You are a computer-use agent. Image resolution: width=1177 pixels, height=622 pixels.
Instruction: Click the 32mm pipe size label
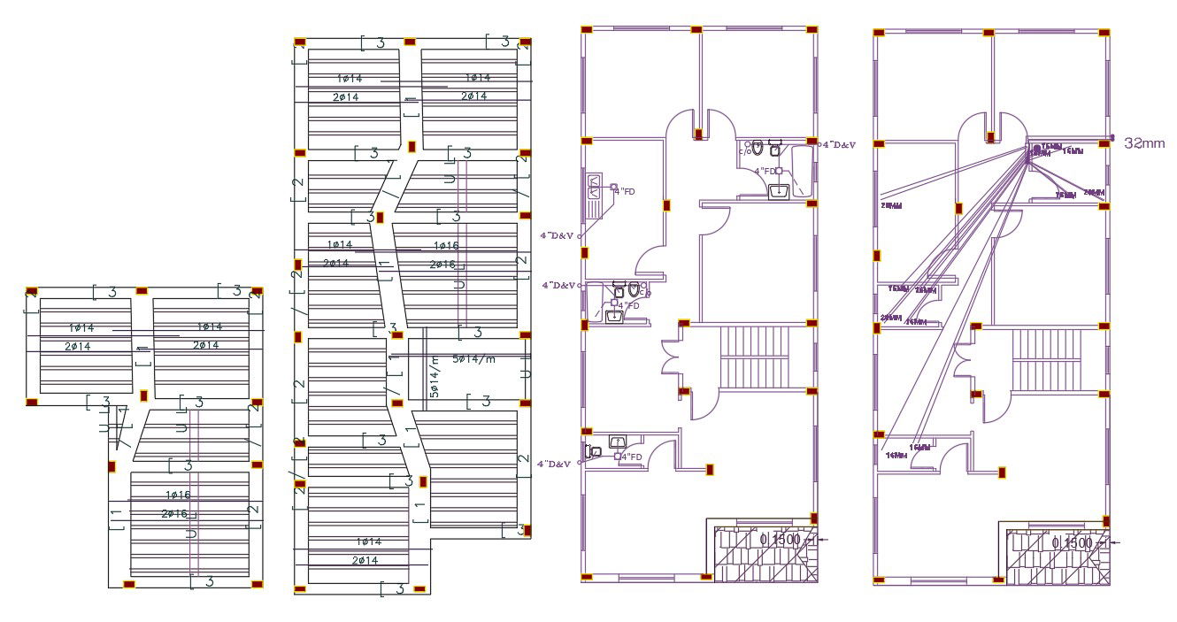coord(1144,142)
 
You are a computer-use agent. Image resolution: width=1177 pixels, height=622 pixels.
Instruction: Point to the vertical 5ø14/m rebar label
coord(434,377)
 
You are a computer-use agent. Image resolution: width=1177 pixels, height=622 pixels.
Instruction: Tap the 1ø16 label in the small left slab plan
coord(177,495)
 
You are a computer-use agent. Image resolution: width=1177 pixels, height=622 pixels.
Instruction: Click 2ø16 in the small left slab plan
coord(175,514)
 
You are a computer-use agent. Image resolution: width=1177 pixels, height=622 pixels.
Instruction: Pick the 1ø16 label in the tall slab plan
coord(445,245)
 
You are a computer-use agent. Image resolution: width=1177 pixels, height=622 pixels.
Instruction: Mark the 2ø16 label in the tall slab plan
coord(443,265)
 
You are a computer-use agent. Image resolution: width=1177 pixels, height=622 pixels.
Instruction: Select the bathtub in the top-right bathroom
coord(801,171)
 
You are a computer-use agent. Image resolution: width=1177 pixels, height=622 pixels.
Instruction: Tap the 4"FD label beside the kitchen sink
coord(624,191)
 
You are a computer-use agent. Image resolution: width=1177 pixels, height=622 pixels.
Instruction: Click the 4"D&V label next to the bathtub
coord(839,144)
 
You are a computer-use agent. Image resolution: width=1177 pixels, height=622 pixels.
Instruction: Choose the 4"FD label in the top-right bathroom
coord(765,171)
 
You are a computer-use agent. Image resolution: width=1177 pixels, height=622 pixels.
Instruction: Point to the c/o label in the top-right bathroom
coord(743,151)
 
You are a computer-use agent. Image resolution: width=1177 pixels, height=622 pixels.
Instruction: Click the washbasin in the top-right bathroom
coord(780,191)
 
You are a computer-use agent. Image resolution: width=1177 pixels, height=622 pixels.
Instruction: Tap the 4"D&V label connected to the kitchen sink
coord(558,235)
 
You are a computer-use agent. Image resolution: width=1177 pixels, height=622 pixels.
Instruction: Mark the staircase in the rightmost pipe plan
coord(1045,357)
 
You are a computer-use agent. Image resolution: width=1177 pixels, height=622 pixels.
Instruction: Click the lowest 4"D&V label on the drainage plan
coord(556,463)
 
